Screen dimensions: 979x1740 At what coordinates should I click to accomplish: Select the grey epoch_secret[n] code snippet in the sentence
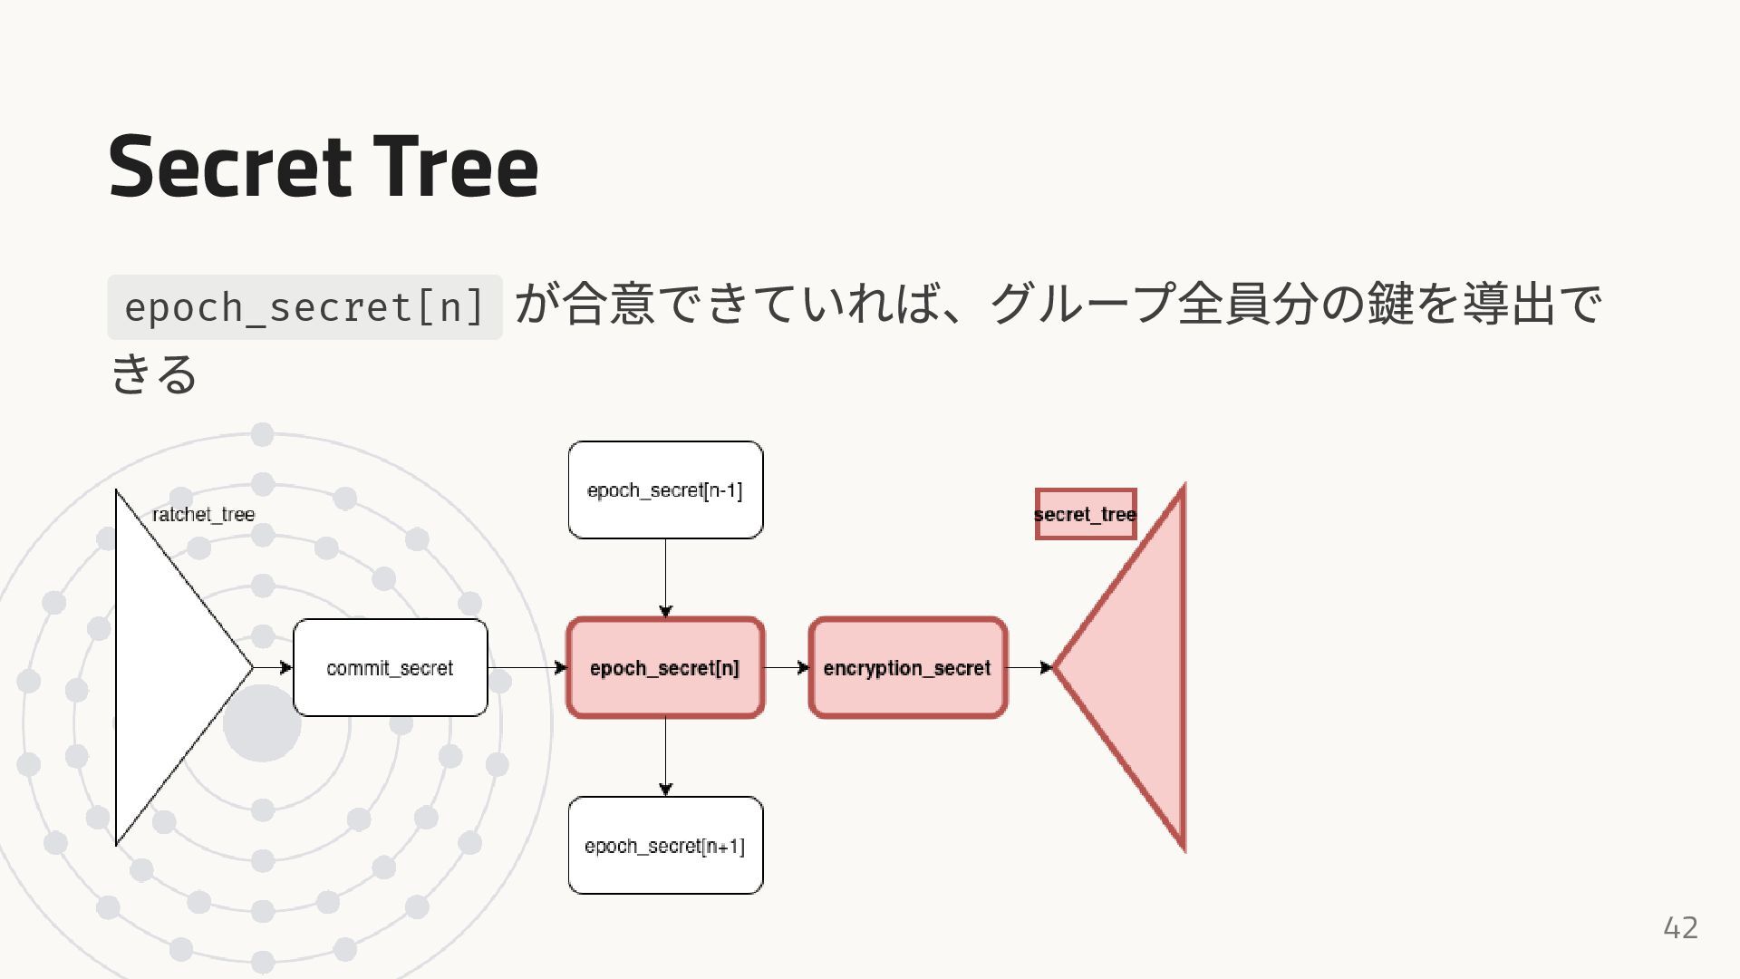click(304, 307)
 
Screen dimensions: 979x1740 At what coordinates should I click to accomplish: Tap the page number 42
click(1680, 927)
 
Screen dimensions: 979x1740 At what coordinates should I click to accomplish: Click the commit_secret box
click(390, 668)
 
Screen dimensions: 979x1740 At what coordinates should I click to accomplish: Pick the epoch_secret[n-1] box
click(665, 490)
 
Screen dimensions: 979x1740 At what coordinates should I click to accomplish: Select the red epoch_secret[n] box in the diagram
click(665, 668)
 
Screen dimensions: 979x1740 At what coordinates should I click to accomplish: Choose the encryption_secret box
click(907, 668)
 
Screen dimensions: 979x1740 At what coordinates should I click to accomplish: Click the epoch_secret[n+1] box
click(665, 846)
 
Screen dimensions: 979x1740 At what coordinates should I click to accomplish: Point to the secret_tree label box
click(1085, 514)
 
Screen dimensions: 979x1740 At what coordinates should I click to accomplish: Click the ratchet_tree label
click(204, 514)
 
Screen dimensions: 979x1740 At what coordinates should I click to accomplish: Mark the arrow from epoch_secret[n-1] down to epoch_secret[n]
click(665, 578)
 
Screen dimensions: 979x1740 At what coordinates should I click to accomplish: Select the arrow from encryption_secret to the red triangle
click(1029, 668)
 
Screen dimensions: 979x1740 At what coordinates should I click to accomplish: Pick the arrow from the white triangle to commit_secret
click(273, 668)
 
